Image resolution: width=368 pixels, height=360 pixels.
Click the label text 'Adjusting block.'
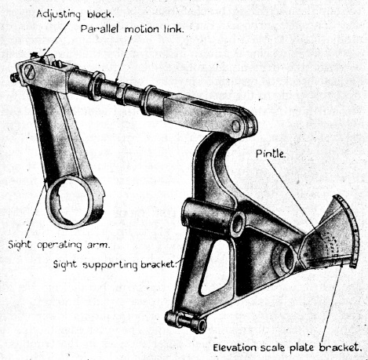point(75,14)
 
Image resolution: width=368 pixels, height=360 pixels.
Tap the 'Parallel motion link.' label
point(132,29)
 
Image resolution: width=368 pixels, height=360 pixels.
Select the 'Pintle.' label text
point(271,154)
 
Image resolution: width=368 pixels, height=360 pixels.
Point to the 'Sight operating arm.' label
point(58,245)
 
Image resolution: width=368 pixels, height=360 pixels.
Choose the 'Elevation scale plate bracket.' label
point(287,347)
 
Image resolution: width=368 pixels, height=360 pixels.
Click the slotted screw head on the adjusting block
point(30,71)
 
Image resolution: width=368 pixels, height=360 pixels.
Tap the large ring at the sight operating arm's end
point(72,202)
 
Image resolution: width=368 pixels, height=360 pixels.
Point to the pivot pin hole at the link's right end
point(236,126)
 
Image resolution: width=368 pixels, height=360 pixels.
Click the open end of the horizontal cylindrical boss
point(239,222)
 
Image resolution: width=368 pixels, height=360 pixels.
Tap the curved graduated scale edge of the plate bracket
point(350,230)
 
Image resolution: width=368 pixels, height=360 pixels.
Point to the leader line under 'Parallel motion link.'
point(123,57)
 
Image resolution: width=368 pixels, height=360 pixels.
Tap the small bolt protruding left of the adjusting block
point(14,78)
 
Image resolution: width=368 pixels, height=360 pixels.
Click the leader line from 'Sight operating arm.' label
point(36,209)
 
